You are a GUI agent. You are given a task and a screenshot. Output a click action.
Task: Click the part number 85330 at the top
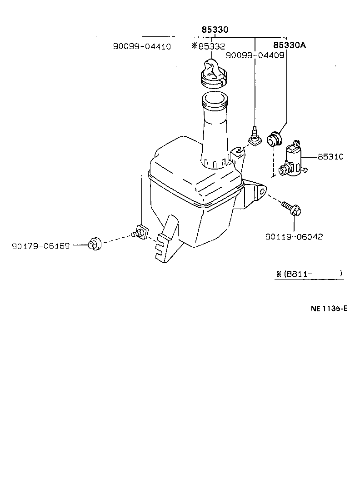(215, 30)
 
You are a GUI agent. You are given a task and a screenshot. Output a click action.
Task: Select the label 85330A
(290, 45)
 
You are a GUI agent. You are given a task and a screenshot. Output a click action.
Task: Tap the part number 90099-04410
(142, 46)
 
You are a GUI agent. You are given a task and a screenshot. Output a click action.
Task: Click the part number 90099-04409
(255, 55)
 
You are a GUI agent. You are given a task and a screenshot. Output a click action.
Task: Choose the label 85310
(330, 157)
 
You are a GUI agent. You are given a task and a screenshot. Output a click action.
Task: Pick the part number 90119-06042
(294, 237)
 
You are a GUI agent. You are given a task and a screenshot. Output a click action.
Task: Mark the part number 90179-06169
(41, 245)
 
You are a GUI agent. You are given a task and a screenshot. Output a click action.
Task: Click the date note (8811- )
(309, 274)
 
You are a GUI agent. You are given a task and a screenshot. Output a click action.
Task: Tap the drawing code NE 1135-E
(329, 308)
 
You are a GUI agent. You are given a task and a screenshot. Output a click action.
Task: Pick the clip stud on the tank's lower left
(140, 231)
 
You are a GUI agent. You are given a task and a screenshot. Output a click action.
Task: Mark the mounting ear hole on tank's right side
(262, 191)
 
